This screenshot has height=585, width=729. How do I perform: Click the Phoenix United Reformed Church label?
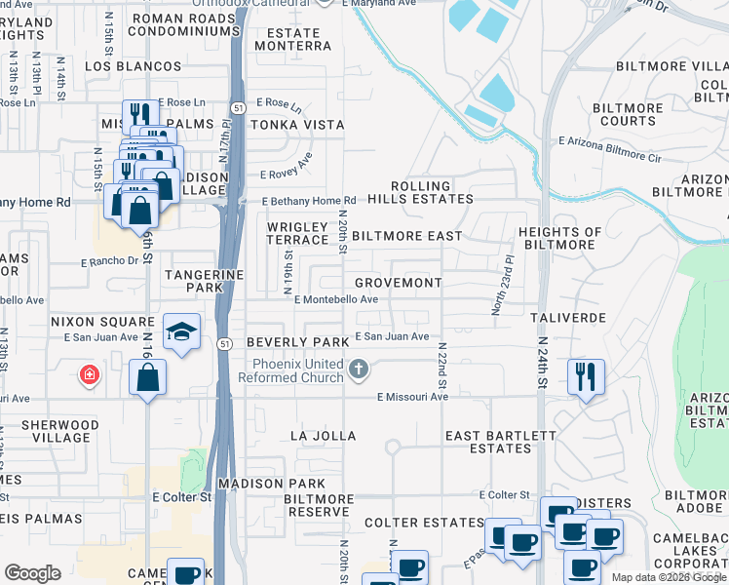pyautogui.click(x=296, y=370)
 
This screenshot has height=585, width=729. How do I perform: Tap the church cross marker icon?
pyautogui.click(x=360, y=369)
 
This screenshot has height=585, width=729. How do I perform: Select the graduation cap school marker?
pyautogui.click(x=182, y=331)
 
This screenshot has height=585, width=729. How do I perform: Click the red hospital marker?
pyautogui.click(x=89, y=374)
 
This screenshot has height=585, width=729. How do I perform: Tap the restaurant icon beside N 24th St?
pyautogui.click(x=586, y=375)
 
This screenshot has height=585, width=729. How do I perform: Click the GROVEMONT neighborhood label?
pyautogui.click(x=398, y=283)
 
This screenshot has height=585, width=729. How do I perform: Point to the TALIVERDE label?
pyautogui.click(x=568, y=319)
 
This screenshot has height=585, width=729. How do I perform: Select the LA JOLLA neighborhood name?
pyautogui.click(x=325, y=436)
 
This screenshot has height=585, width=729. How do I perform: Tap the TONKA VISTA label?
pyautogui.click(x=297, y=125)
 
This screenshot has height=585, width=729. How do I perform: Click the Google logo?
pyautogui.click(x=32, y=573)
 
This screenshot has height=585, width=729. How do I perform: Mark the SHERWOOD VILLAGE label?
pyautogui.click(x=50, y=432)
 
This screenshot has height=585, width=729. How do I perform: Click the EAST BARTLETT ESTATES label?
pyautogui.click(x=487, y=442)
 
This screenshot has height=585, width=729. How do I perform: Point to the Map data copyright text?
pyautogui.click(x=668, y=577)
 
